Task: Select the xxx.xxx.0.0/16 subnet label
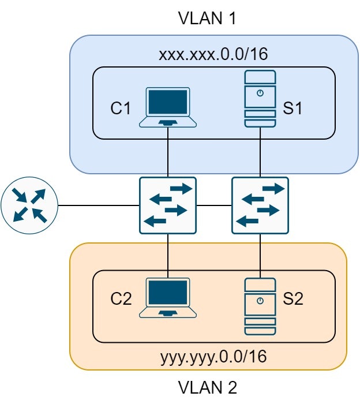(208, 55)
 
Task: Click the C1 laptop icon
(168, 107)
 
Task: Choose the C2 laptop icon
(168, 298)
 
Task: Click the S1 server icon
(260, 99)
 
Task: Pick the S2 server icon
(260, 306)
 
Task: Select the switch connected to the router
(168, 205)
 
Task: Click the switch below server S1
(260, 205)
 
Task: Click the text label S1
(292, 108)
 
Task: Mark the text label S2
(292, 299)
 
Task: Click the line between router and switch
(98, 205)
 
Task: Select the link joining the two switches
(214, 205)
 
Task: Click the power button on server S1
(260, 93)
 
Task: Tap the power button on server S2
(260, 301)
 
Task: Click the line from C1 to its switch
(168, 153)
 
